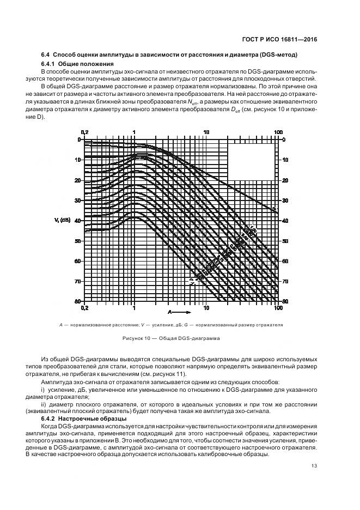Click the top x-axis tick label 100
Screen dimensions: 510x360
(x=278, y=132)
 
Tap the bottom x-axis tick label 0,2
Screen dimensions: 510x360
(x=84, y=308)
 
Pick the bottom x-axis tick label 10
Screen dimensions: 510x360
(x=206, y=308)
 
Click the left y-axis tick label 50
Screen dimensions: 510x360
(x=77, y=241)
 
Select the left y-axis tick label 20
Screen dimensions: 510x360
(x=77, y=180)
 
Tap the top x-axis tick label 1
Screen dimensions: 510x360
(x=134, y=132)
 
